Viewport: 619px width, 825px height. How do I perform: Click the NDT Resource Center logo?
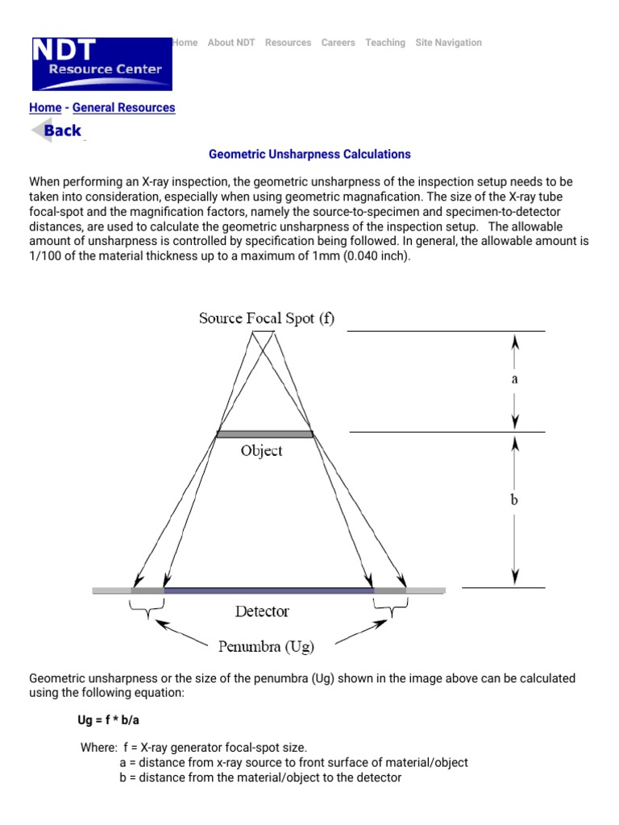pyautogui.click(x=101, y=63)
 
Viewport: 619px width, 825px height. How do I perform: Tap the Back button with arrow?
pyautogui.click(x=56, y=131)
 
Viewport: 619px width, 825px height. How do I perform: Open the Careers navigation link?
pyautogui.click(x=338, y=43)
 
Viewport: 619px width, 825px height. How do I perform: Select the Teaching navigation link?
pyautogui.click(x=385, y=43)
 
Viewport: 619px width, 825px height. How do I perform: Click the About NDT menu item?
pyautogui.click(x=231, y=43)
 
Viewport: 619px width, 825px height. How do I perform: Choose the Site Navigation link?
pyautogui.click(x=448, y=43)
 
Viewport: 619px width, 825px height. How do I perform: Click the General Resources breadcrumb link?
pyautogui.click(x=123, y=107)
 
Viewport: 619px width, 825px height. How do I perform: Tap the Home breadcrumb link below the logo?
pyautogui.click(x=45, y=107)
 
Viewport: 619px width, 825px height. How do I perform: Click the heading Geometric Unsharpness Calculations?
pyautogui.click(x=309, y=154)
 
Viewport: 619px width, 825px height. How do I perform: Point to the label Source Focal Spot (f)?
pyautogui.click(x=267, y=318)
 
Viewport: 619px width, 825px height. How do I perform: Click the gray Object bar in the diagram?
pyautogui.click(x=264, y=434)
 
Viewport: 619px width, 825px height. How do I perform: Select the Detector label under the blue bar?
pyautogui.click(x=262, y=611)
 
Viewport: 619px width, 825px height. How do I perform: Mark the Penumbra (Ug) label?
pyautogui.click(x=266, y=645)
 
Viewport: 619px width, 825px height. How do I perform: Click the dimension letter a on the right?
pyautogui.click(x=514, y=378)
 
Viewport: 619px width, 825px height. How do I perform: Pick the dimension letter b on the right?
pyautogui.click(x=514, y=500)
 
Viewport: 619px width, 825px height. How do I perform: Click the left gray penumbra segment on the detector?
pyautogui.click(x=147, y=591)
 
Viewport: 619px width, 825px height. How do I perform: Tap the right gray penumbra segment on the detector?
pyautogui.click(x=389, y=591)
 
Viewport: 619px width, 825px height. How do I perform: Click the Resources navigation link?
pyautogui.click(x=288, y=43)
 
